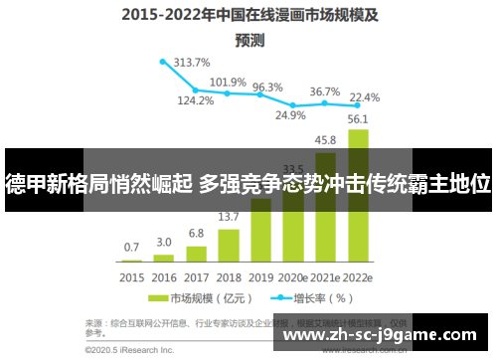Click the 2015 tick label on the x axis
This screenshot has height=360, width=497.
pos(131,277)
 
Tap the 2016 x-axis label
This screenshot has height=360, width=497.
pos(164,277)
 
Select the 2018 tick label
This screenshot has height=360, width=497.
pos(229,277)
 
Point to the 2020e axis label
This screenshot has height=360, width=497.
pos(294,277)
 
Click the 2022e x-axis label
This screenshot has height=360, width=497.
pos(359,277)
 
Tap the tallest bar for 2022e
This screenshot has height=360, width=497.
pos(359,159)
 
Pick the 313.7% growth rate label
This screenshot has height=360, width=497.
pos(192,62)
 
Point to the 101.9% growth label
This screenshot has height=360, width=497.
pos(229,82)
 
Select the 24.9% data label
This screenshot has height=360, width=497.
pos(290,114)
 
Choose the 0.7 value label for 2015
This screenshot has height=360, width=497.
pos(131,247)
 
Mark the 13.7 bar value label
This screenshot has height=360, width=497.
pos(229,217)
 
